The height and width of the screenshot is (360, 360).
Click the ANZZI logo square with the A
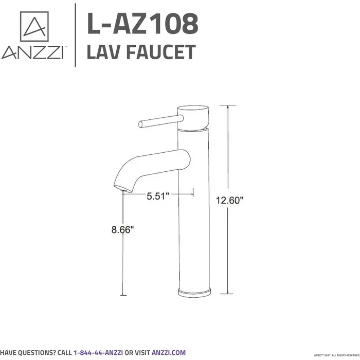tap(34, 26)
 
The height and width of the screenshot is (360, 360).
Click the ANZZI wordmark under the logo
tap(32, 52)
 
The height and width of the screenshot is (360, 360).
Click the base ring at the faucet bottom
tap(194, 292)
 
